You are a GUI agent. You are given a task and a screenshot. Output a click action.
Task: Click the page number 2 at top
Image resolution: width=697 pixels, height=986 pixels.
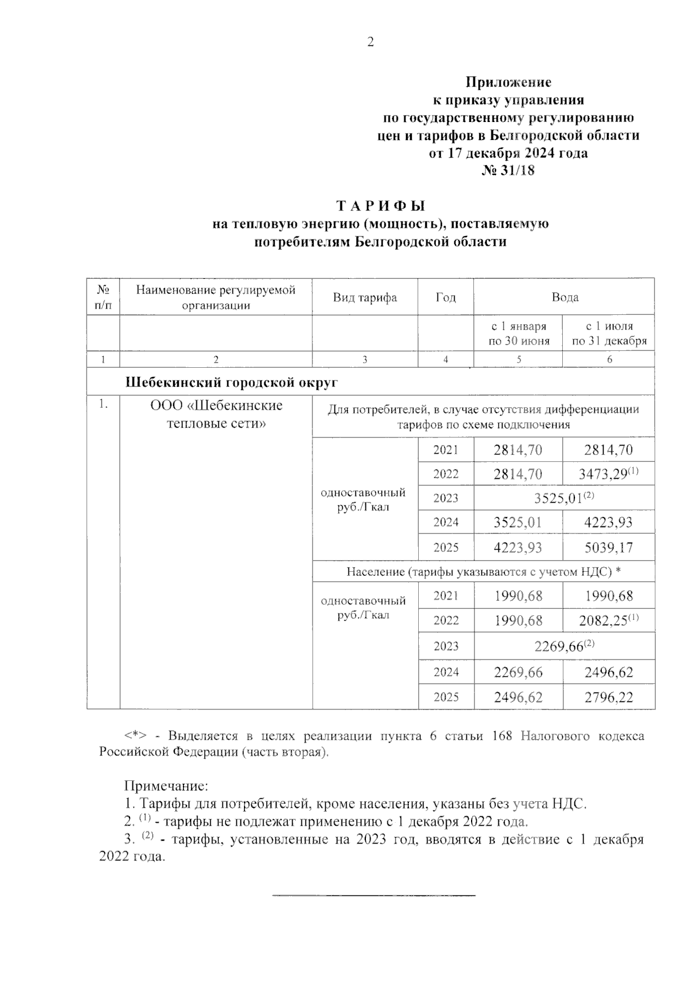tap(371, 42)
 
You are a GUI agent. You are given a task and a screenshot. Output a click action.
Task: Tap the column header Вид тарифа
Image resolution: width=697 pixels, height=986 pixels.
tap(365, 297)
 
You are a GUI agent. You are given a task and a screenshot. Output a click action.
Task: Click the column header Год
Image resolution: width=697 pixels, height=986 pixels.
tap(445, 297)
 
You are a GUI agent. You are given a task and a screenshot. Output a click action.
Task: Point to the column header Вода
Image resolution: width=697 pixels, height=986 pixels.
tap(565, 297)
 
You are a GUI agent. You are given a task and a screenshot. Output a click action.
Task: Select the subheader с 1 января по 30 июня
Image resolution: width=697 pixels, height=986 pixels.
tap(518, 334)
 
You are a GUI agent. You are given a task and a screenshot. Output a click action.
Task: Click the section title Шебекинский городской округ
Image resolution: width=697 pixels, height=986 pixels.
tap(232, 383)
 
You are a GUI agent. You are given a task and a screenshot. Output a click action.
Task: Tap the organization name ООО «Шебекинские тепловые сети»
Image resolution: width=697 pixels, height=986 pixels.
tap(216, 414)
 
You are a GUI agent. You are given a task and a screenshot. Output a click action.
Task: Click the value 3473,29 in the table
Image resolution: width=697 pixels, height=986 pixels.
tap(604, 474)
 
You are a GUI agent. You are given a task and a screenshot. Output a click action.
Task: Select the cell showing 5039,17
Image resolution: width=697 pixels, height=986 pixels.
tap(609, 548)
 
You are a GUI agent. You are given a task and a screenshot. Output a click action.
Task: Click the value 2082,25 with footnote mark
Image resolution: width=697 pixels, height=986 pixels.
tap(604, 621)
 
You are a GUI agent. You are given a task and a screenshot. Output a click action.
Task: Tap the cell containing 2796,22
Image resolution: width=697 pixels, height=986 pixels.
tap(609, 697)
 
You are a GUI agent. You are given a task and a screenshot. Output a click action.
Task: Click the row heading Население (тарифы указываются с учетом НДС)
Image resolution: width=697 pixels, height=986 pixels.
tap(483, 572)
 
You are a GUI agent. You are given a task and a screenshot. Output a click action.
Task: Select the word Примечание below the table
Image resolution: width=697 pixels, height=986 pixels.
tap(166, 787)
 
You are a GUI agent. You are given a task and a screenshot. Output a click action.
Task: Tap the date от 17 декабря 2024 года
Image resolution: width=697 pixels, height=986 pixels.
tap(508, 153)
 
